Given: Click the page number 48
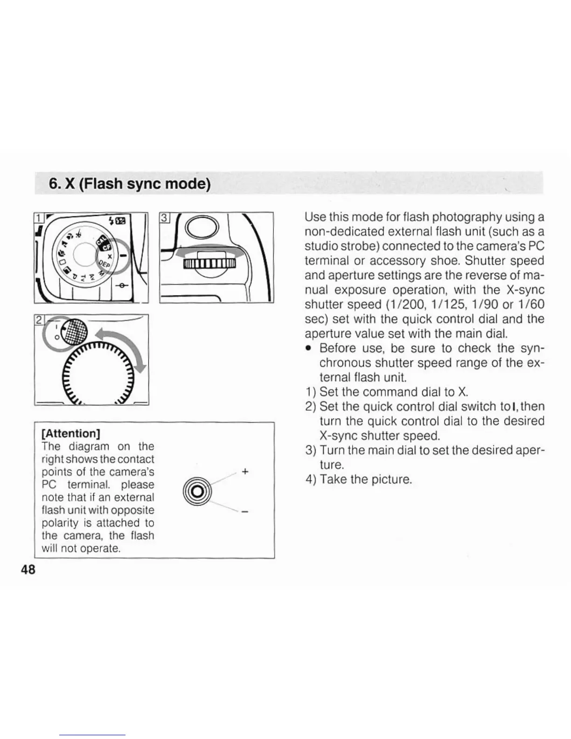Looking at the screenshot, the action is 28,570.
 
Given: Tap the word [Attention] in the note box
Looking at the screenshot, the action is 71,433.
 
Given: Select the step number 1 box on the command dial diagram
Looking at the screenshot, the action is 38,217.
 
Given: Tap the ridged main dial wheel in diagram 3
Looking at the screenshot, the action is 209,265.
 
